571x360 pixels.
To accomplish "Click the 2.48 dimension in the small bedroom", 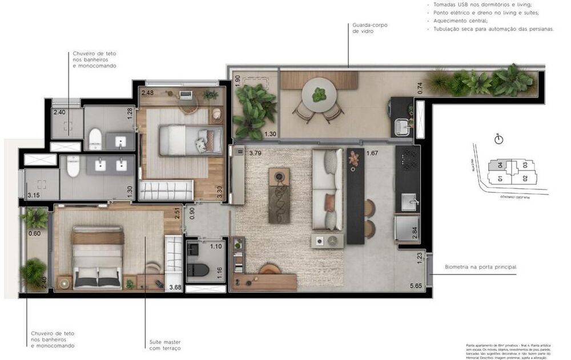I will tap(147, 92).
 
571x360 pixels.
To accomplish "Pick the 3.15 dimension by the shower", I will tap(34, 196).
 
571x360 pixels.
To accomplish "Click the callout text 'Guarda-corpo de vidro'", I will tap(363, 29).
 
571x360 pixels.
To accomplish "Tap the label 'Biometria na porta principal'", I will tap(481, 266).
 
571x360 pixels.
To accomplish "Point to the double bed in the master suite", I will tap(98, 256).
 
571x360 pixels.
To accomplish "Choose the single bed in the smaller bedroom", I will tap(191, 140).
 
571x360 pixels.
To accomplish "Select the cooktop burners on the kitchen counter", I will tap(408, 159).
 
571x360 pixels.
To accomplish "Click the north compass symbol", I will tap(498, 139).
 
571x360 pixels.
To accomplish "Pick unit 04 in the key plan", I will tap(500, 166).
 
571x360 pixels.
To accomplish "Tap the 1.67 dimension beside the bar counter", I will tap(372, 153).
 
